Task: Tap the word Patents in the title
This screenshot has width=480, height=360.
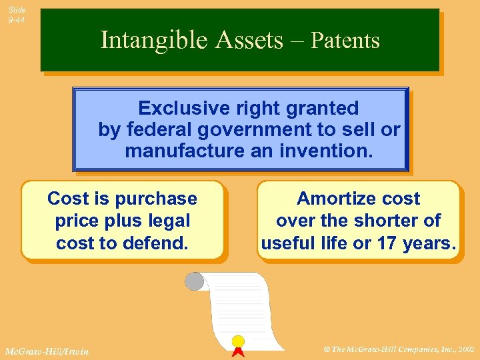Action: [345, 41]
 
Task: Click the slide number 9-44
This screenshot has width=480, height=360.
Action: [17, 20]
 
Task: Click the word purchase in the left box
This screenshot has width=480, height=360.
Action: [156, 199]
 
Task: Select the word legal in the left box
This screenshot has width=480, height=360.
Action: [169, 221]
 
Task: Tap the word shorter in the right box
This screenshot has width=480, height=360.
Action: [387, 221]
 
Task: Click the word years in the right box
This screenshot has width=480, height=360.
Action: [429, 243]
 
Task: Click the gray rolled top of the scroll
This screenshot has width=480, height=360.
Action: [194, 281]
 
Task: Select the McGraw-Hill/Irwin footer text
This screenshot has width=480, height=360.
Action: [45, 351]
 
